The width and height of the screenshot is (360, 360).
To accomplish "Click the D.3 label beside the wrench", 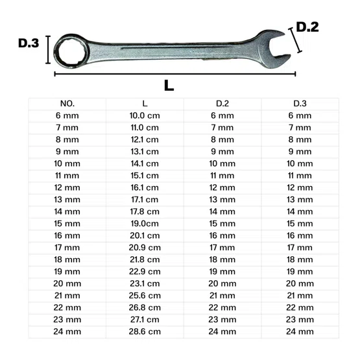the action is click(29, 43).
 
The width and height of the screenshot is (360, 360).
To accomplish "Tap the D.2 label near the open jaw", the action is click(307, 27).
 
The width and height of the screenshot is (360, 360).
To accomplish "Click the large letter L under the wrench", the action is click(169, 86).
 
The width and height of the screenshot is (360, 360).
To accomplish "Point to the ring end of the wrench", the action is click(71, 51).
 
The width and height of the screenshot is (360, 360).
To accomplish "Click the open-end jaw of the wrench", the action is click(273, 49).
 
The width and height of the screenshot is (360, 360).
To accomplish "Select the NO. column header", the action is click(67, 104).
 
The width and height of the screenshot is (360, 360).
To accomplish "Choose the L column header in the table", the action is click(145, 104).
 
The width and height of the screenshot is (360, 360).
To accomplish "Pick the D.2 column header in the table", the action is click(222, 104).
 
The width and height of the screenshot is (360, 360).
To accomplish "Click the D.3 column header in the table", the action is click(300, 104).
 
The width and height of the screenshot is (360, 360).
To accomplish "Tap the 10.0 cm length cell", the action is click(145, 115).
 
